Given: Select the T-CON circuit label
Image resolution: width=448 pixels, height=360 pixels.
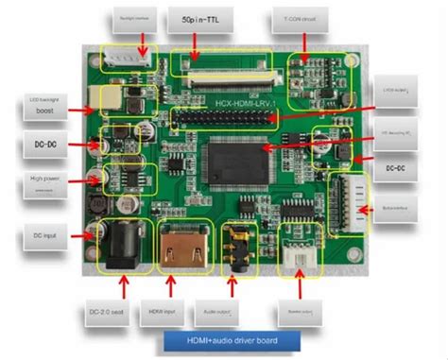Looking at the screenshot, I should pyautogui.click(x=303, y=19).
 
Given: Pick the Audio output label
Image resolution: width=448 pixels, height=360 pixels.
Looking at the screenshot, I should pyautogui.click(x=237, y=312).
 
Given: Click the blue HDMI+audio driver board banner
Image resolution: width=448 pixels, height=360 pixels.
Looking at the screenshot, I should pyautogui.click(x=230, y=339).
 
